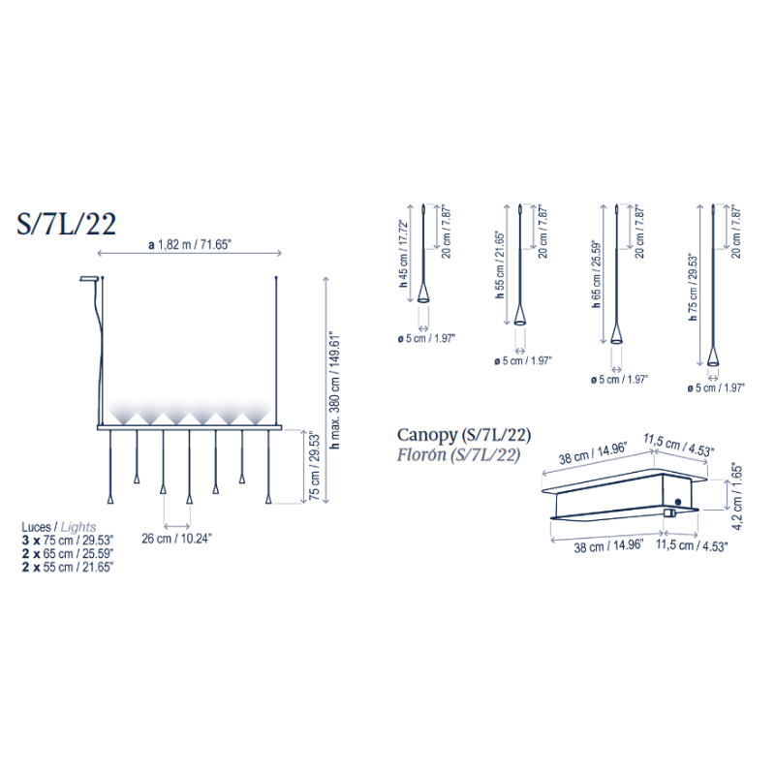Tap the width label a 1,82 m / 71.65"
[190, 245]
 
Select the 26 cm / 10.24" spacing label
[176, 539]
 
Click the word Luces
[36, 527]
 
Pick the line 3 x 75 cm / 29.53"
[68, 540]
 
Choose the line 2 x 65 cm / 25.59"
[68, 553]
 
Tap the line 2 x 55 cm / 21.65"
[68, 568]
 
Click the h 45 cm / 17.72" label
[403, 254]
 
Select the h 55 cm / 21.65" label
[500, 264]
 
